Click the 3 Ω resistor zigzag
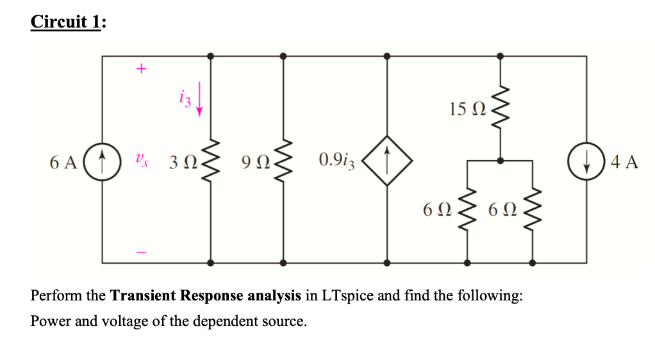coord(211,160)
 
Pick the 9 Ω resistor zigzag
coord(283,160)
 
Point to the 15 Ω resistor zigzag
coord(500,107)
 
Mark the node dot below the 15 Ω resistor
coord(500,160)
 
